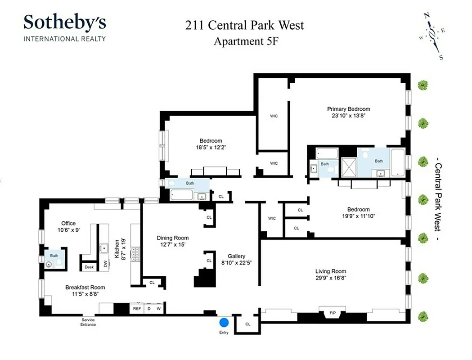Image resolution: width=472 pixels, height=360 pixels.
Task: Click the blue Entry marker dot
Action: click(224, 323)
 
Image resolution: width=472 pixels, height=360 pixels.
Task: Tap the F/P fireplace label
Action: click(333, 313)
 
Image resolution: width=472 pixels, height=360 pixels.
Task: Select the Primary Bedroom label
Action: click(348, 109)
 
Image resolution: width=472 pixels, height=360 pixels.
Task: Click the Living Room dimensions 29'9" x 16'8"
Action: click(331, 279)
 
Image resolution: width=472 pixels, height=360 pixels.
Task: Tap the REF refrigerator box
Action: click(136, 309)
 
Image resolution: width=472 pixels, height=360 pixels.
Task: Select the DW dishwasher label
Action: click(106, 265)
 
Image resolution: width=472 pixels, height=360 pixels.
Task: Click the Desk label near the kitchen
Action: click(89, 267)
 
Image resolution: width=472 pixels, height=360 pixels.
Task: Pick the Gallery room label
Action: click(236, 256)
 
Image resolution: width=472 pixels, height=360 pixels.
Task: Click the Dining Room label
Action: click(172, 238)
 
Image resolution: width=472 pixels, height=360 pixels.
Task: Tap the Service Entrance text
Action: click(88, 323)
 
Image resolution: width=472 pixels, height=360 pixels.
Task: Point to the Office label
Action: click(68, 223)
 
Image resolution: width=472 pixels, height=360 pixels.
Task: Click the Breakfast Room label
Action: click(85, 288)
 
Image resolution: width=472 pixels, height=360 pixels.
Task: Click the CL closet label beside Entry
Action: click(248, 324)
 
